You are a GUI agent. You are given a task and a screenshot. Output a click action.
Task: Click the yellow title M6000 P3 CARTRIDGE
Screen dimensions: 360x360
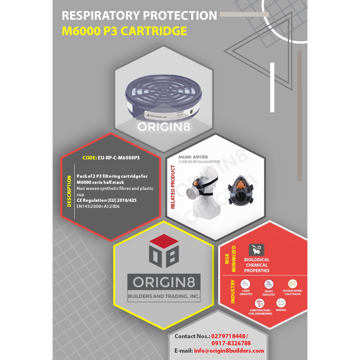[x=124, y=31]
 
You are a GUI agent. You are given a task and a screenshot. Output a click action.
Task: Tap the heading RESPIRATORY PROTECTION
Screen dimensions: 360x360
[x=139, y=16]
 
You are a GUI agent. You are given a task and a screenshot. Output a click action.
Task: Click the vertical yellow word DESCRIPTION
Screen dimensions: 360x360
[x=69, y=191]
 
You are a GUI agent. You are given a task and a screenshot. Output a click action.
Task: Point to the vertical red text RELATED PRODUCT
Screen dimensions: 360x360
[x=173, y=187]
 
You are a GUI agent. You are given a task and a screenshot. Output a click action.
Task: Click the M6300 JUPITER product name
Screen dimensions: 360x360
[x=193, y=157]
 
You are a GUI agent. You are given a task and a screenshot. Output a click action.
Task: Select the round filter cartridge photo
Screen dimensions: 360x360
[x=164, y=99]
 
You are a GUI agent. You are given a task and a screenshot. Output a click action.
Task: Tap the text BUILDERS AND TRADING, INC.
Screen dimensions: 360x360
[x=164, y=296]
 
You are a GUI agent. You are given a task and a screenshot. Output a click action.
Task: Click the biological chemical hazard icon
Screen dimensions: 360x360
[x=256, y=250]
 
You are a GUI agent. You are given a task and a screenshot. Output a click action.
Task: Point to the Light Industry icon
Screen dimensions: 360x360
[x=245, y=284]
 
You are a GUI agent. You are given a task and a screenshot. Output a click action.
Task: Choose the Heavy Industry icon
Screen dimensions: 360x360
[x=269, y=284]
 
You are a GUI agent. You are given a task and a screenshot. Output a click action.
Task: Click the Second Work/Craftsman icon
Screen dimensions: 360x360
[x=292, y=283]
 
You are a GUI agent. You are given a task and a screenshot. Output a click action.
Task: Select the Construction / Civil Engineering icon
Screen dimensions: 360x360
[x=260, y=303]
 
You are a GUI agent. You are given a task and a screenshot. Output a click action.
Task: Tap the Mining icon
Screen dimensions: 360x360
[x=281, y=303]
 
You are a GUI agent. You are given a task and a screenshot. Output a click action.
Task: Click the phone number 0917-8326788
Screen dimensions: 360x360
[x=231, y=343]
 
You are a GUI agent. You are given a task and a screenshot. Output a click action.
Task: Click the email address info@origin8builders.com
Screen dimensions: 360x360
[x=229, y=351]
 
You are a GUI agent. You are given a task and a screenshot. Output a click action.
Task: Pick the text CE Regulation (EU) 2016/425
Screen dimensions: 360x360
[x=107, y=200]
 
